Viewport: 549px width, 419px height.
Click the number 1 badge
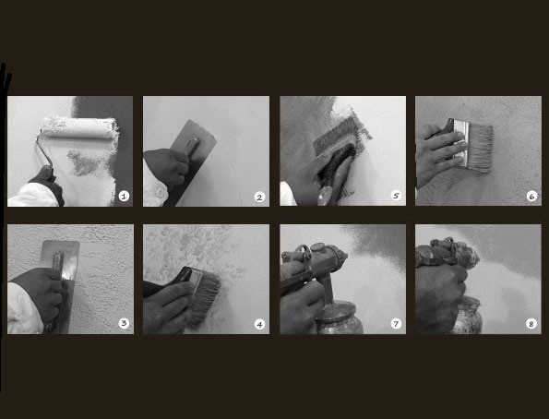click(x=124, y=197)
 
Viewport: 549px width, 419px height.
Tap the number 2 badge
click(x=259, y=198)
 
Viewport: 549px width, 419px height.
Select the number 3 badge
click(x=124, y=323)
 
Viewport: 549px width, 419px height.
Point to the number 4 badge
click(x=259, y=325)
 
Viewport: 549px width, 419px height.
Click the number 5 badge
click(x=396, y=196)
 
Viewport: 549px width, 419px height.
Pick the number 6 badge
click(x=531, y=197)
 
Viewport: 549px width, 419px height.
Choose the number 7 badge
click(x=396, y=324)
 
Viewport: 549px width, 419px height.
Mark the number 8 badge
click(x=531, y=324)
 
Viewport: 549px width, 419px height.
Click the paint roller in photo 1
click(x=78, y=128)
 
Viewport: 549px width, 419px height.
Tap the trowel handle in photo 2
click(x=191, y=146)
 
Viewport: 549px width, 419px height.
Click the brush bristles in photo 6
click(x=479, y=149)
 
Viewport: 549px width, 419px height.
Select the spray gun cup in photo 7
click(x=340, y=319)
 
